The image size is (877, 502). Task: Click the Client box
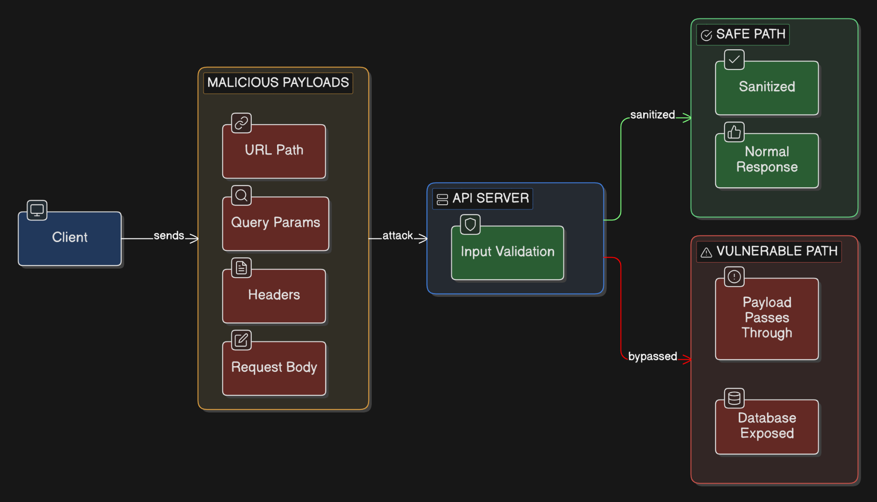click(x=70, y=239)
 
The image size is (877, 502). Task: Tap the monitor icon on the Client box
click(x=37, y=210)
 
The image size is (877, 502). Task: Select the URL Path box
click(x=274, y=151)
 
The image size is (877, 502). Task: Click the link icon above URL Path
click(x=241, y=123)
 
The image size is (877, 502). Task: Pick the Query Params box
click(x=276, y=224)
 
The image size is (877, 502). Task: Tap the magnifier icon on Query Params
click(x=241, y=195)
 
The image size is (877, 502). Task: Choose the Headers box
click(x=274, y=296)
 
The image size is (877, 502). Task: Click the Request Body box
click(x=274, y=368)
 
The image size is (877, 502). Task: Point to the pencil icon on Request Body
click(x=241, y=340)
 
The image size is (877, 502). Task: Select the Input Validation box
click(x=507, y=253)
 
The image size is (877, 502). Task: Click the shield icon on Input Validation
click(x=470, y=224)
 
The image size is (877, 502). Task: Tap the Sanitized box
click(x=767, y=88)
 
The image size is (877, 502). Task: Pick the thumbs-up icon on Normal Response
click(x=734, y=132)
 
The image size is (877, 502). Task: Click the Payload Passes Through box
click(x=767, y=319)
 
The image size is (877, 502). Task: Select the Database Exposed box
click(x=767, y=427)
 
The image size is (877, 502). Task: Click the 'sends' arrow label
click(x=169, y=236)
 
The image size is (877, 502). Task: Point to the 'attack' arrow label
click(x=397, y=236)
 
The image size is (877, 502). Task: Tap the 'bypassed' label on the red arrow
click(x=653, y=356)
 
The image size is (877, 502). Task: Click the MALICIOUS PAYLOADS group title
click(x=278, y=83)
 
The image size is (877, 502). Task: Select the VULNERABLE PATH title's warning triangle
click(x=706, y=253)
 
